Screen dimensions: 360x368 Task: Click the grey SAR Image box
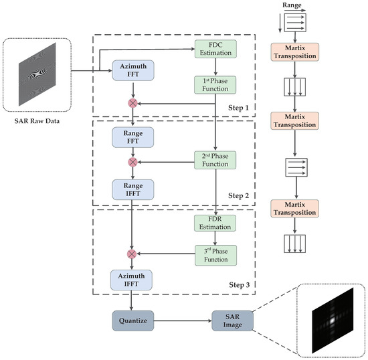click(232, 321)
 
